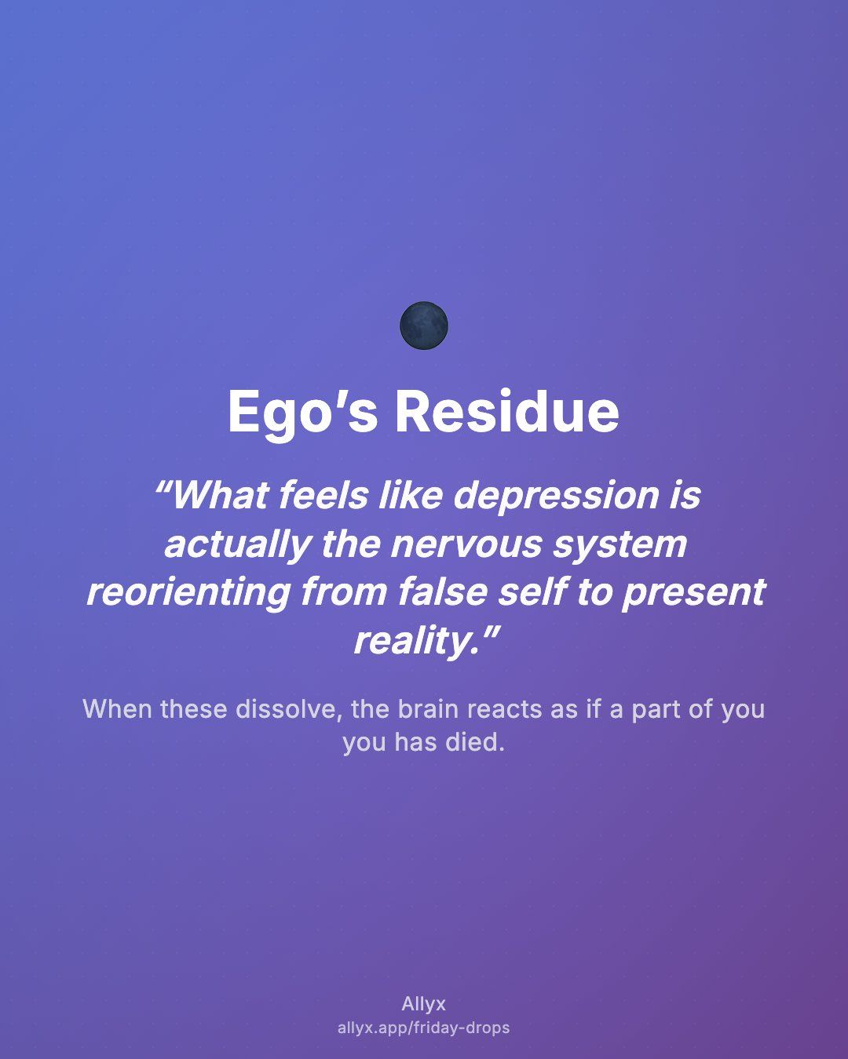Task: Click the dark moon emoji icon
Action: coord(424,326)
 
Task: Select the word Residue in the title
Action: coord(507,411)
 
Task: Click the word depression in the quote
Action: coord(555,497)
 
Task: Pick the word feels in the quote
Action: coord(323,495)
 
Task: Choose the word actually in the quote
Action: coord(238,545)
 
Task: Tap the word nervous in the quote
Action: coord(466,545)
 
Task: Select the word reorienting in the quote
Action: coord(188,593)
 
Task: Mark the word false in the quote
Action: coord(443,591)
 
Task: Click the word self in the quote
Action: coord(532,591)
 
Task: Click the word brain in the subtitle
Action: coord(428,709)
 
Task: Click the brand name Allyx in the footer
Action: coord(424,1004)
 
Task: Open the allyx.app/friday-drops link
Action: coord(424,1028)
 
